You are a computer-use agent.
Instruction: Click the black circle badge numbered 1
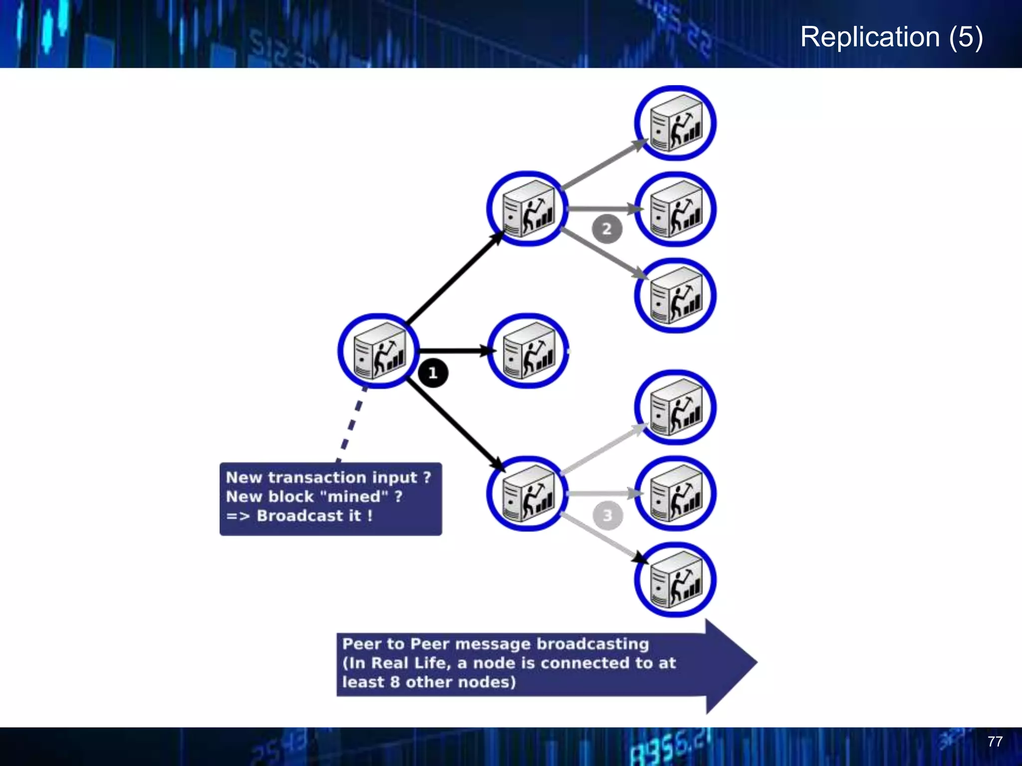(x=433, y=373)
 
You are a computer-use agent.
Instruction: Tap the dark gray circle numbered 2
(x=607, y=229)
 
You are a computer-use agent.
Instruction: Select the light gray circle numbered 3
(x=607, y=515)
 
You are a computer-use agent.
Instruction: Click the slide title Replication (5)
(x=891, y=37)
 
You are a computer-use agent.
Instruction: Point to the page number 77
(x=995, y=742)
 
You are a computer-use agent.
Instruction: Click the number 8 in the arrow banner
(x=395, y=682)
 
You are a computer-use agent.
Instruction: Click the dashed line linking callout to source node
(x=352, y=425)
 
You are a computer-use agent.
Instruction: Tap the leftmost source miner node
(x=379, y=351)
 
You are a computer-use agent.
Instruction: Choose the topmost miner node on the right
(x=675, y=123)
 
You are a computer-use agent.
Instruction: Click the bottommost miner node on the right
(x=675, y=580)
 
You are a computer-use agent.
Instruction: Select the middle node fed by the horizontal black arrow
(x=528, y=351)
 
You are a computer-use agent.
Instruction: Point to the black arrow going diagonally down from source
(x=454, y=424)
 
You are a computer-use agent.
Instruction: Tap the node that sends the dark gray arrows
(x=527, y=208)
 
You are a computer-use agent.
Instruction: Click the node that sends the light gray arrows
(x=527, y=494)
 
